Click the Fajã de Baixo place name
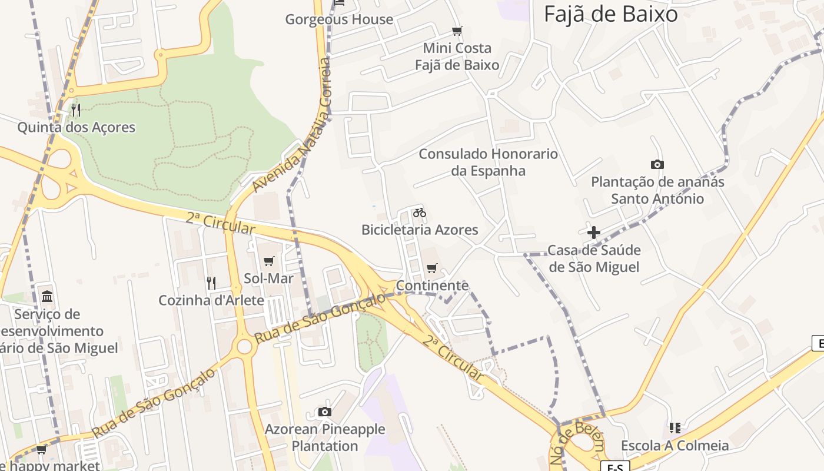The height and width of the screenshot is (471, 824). tap(611, 14)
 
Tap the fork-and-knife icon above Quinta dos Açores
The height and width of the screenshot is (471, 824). tap(76, 110)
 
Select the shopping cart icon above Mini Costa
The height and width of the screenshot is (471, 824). tap(457, 31)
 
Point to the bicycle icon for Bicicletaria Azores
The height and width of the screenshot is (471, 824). tap(420, 213)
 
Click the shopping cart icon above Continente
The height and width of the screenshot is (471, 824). tap(432, 268)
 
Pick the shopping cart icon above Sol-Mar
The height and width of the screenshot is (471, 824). tap(269, 261)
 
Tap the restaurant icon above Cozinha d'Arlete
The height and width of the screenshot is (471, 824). tap(211, 283)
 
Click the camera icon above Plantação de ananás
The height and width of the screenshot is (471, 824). tap(657, 165)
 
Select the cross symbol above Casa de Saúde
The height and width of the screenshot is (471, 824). tap(594, 233)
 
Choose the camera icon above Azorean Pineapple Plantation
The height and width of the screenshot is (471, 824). tap(324, 412)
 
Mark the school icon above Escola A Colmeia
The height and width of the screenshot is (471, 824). tap(675, 428)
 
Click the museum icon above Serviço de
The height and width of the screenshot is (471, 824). tap(47, 296)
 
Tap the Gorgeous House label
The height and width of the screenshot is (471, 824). tap(339, 19)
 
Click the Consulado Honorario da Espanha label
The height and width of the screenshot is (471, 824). tap(488, 162)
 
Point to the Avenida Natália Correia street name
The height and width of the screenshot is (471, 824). tap(293, 124)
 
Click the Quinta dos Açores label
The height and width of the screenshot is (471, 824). tap(76, 127)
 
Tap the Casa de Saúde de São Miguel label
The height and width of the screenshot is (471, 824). tap(594, 258)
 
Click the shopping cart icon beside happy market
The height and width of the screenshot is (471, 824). tap(41, 450)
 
